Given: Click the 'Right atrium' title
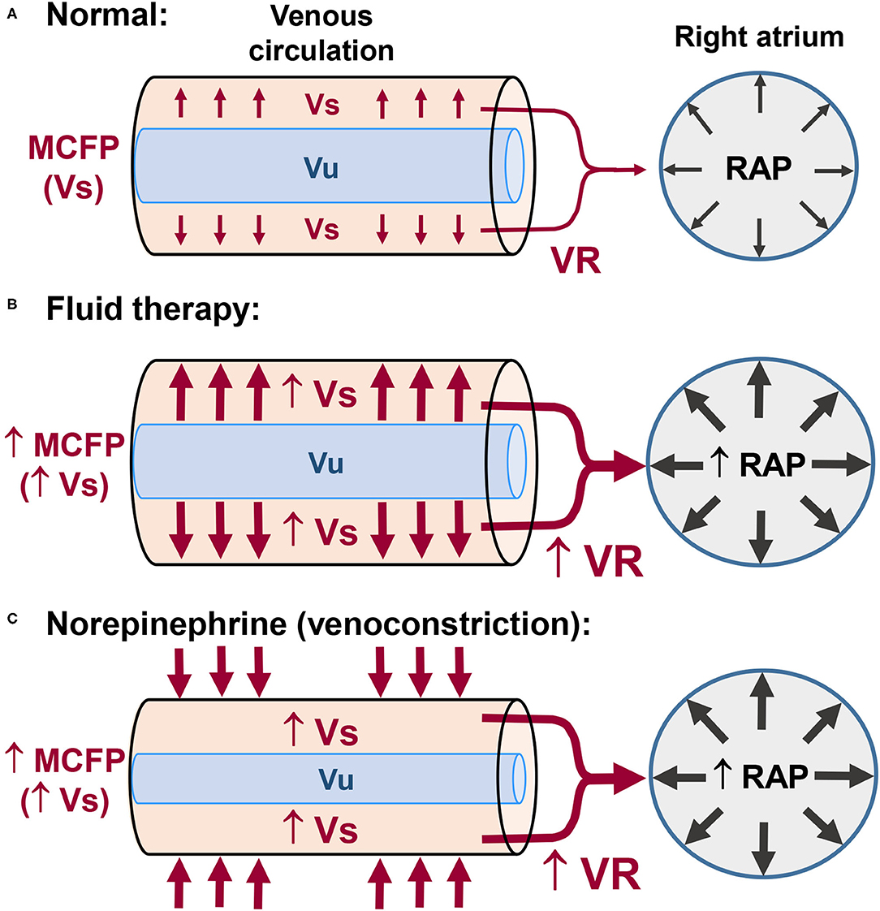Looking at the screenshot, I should [760, 37].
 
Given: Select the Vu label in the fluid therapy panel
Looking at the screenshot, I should [326, 464].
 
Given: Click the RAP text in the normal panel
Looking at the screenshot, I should [760, 168].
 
